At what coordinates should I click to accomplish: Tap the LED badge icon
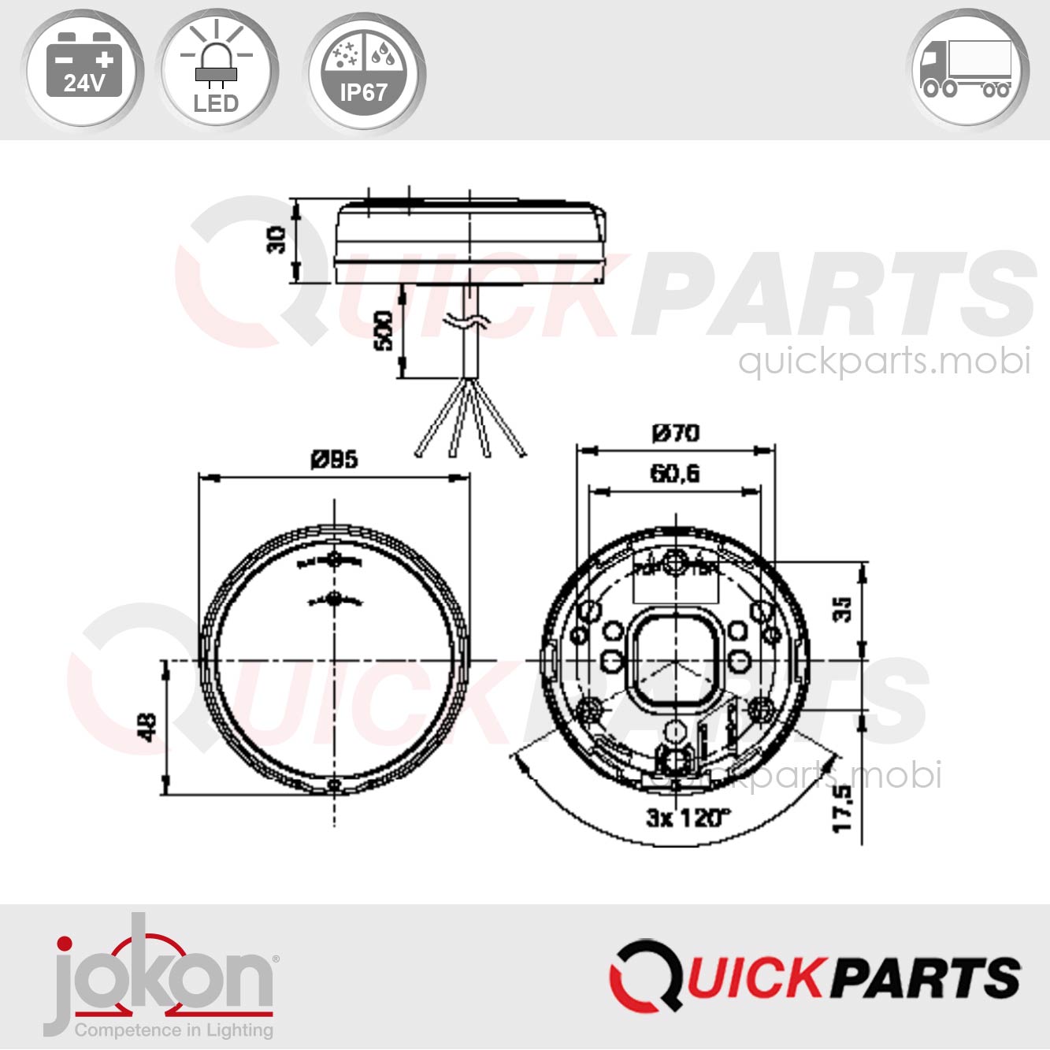(217, 71)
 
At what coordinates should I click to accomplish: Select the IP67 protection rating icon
(363, 71)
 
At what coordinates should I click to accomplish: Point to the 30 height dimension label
(276, 239)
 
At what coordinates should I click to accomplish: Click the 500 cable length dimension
(383, 331)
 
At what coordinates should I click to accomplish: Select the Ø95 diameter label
(334, 458)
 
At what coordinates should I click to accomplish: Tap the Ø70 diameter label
(675, 432)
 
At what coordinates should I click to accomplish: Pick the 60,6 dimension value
(674, 473)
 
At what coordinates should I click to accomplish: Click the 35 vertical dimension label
(842, 608)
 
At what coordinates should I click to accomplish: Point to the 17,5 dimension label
(842, 807)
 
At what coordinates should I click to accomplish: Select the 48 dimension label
(147, 726)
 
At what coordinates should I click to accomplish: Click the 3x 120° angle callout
(688, 818)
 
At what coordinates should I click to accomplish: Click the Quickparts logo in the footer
(814, 975)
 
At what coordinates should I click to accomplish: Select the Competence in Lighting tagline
(173, 1030)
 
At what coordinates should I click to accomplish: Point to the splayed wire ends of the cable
(470, 425)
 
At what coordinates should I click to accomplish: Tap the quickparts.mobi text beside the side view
(884, 361)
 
